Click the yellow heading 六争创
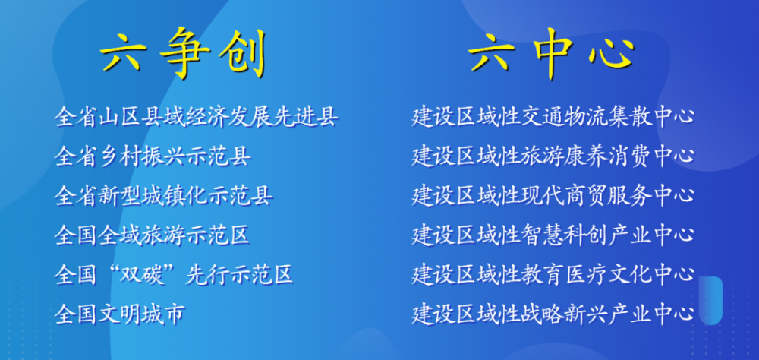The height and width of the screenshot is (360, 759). [184, 53]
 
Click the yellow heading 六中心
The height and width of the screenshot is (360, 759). [552, 54]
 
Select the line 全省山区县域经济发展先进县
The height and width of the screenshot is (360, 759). [196, 117]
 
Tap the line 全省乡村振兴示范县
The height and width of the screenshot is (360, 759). [153, 156]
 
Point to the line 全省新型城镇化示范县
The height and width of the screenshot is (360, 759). [164, 196]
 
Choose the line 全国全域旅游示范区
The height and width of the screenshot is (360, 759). [153, 235]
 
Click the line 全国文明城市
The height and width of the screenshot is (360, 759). [120, 314]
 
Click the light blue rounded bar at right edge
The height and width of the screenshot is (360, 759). [711, 301]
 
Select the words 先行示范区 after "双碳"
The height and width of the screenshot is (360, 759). [240, 275]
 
